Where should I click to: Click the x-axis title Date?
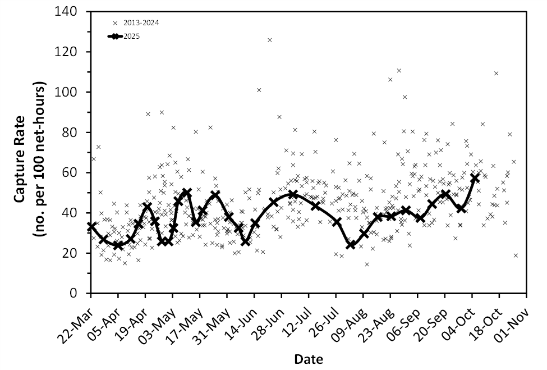(309, 358)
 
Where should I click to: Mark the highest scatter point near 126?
(270, 40)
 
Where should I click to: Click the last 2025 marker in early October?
(475, 177)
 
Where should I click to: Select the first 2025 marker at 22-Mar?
(91, 226)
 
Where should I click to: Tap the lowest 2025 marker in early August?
(351, 245)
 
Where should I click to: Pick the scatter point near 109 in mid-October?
(496, 74)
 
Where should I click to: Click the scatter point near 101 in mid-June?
(259, 90)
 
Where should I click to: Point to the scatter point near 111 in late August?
(399, 71)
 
